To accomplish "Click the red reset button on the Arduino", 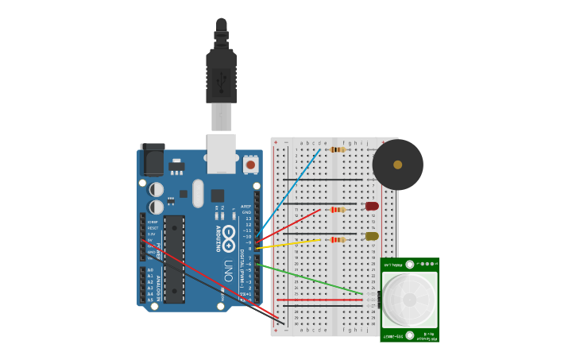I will coord(250,165).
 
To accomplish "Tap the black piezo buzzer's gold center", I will coord(397,165).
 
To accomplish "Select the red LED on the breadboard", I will coord(372,206).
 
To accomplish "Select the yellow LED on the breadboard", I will coord(372,236).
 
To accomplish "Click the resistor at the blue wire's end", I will coord(338,149).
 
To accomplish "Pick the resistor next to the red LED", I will coord(338,210).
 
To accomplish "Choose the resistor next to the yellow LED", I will coord(338,239).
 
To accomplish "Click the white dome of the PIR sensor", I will coord(409,300).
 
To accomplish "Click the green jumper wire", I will coord(310,279).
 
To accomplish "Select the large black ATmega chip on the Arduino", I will coord(175,258).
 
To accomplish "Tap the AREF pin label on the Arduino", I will coord(246,207).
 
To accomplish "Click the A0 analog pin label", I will coord(150,270).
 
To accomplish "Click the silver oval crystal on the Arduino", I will coord(198,192).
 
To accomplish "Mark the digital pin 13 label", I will coord(248,219).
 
